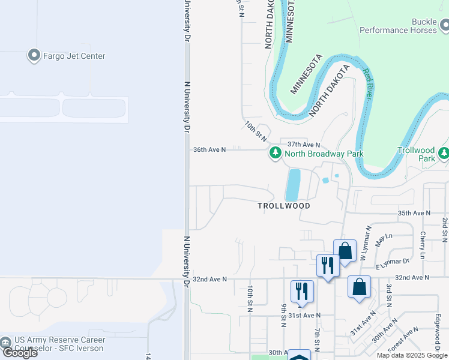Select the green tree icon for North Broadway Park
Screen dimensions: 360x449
pyautogui.click(x=276, y=154)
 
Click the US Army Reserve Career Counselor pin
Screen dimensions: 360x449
pyautogui.click(x=7, y=343)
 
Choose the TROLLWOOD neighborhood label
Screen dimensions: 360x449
pyautogui.click(x=284, y=206)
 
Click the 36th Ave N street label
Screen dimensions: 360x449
pyautogui.click(x=209, y=149)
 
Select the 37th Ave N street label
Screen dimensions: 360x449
pyautogui.click(x=304, y=145)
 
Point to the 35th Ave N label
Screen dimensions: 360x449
pyautogui.click(x=415, y=213)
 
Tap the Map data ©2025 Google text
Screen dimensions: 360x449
pyautogui.click(x=412, y=355)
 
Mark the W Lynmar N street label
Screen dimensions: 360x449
pyautogui.click(x=366, y=243)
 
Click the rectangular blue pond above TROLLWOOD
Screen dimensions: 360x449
pyautogui.click(x=293, y=185)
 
